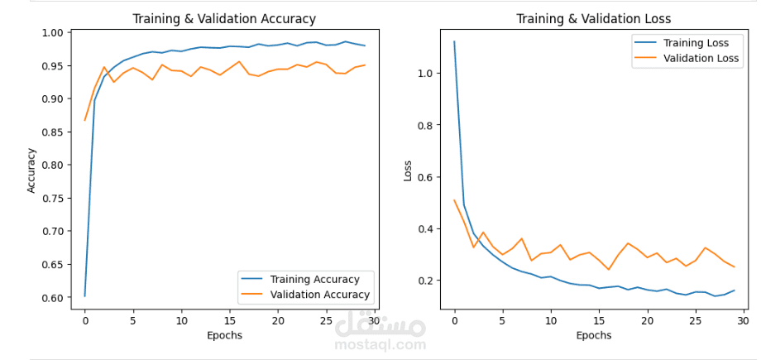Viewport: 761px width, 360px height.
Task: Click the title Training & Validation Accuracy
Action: pyautogui.click(x=224, y=19)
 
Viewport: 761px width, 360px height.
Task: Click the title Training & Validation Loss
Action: pyautogui.click(x=593, y=19)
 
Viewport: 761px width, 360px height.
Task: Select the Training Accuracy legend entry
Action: pyautogui.click(x=314, y=279)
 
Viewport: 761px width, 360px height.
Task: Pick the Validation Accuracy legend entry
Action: pyautogui.click(x=319, y=294)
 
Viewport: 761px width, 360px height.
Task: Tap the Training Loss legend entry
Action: pyautogui.click(x=696, y=43)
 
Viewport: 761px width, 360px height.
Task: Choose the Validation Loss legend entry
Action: pyautogui.click(x=701, y=58)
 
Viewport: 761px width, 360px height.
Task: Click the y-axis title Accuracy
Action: pyautogui.click(x=32, y=170)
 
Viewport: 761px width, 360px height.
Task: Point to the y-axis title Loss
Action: pyautogui.click(x=407, y=170)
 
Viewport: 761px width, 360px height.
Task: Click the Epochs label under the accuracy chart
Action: pyautogui.click(x=224, y=336)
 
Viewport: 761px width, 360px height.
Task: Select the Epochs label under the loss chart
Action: pyautogui.click(x=593, y=336)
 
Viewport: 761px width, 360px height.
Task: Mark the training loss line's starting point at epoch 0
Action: pyautogui.click(x=454, y=41)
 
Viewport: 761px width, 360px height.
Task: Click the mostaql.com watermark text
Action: pyautogui.click(x=380, y=343)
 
